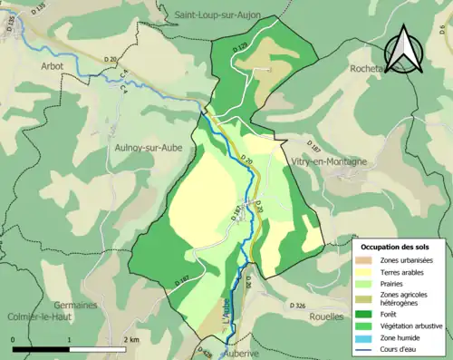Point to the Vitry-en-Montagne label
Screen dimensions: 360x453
click(330, 161)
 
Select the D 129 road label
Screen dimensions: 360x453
click(239, 46)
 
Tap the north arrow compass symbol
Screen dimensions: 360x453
click(404, 52)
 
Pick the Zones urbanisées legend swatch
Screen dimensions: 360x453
click(368, 261)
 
